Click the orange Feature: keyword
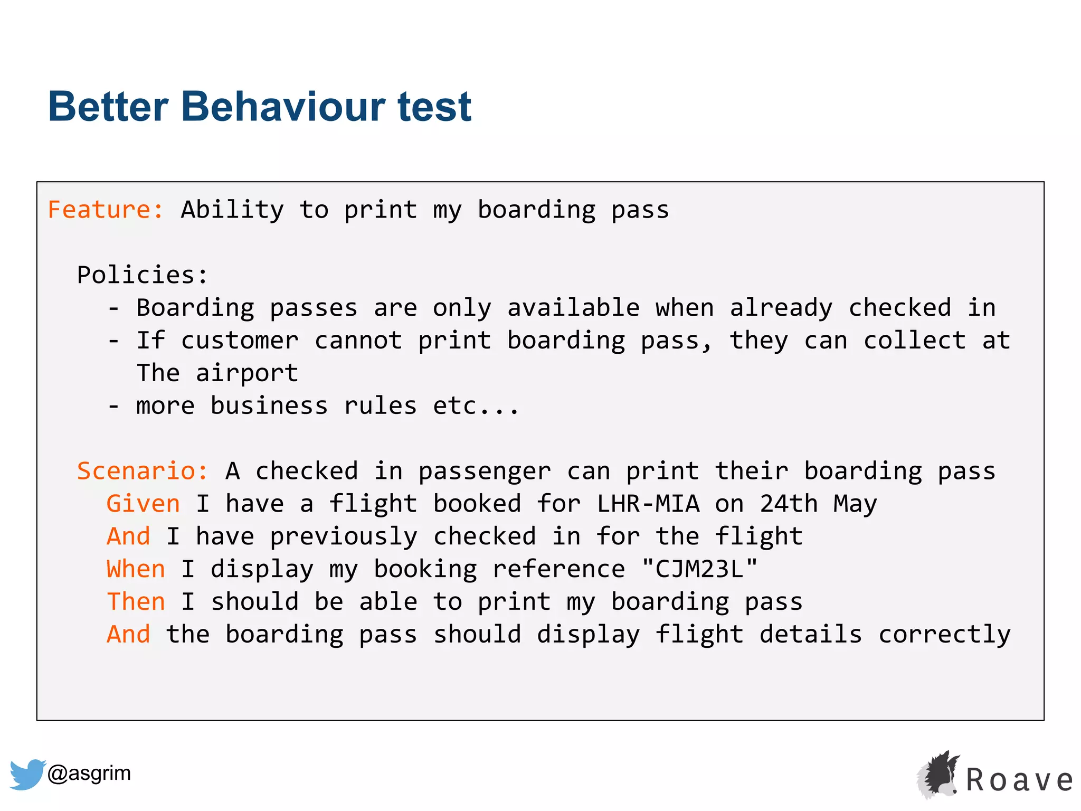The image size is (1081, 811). click(x=106, y=210)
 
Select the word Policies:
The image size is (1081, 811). click(x=143, y=275)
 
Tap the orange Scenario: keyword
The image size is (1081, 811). click(x=143, y=471)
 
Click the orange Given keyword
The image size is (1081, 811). click(x=143, y=504)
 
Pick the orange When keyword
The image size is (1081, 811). click(x=136, y=569)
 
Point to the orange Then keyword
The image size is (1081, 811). click(x=136, y=602)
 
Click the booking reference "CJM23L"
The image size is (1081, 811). click(x=699, y=569)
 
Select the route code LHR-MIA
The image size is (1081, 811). click(x=648, y=504)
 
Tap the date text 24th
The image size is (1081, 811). click(x=789, y=504)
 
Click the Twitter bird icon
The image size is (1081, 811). click(x=27, y=774)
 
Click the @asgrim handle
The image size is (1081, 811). click(x=89, y=774)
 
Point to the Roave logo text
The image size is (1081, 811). click(x=1019, y=780)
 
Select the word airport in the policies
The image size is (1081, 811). click(x=247, y=374)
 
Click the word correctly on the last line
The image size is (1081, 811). click(x=944, y=635)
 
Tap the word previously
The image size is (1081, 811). click(x=344, y=537)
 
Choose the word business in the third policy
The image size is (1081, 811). click(x=269, y=406)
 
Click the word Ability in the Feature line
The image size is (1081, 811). click(x=232, y=210)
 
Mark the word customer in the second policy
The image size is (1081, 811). click(x=240, y=341)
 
